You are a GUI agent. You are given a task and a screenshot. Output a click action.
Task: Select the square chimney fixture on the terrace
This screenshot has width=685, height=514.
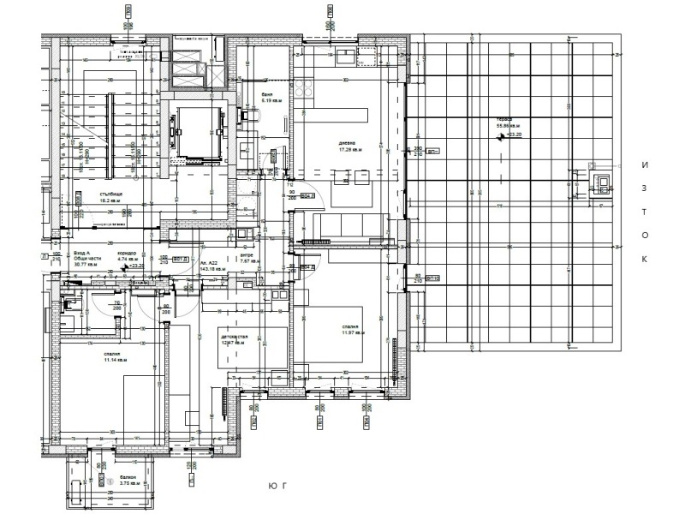tap(602, 183)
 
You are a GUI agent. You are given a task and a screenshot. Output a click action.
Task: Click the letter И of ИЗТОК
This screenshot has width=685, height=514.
tap(645, 164)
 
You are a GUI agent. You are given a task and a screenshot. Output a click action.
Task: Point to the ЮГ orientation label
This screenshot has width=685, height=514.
tap(273, 486)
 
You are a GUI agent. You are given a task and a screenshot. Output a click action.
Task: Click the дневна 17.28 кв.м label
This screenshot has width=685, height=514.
tap(351, 146)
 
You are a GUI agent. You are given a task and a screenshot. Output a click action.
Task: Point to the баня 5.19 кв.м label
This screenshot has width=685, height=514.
tap(271, 99)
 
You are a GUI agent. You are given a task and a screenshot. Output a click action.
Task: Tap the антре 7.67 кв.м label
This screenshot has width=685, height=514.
tap(246, 258)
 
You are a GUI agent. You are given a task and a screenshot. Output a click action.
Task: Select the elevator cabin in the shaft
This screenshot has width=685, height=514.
tap(196, 129)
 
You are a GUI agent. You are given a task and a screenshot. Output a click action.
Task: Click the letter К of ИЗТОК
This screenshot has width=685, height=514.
tap(645, 258)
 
